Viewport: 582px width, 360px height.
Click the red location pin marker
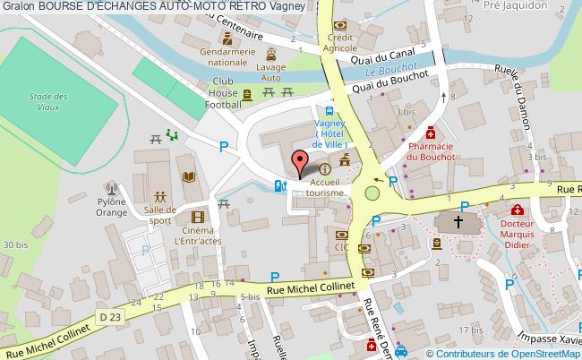click(299, 165)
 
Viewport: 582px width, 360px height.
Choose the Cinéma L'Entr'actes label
click(199, 236)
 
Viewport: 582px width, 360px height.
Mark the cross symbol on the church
click(458, 221)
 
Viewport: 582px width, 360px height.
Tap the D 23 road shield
click(108, 317)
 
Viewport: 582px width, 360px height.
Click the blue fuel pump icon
click(278, 186)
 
